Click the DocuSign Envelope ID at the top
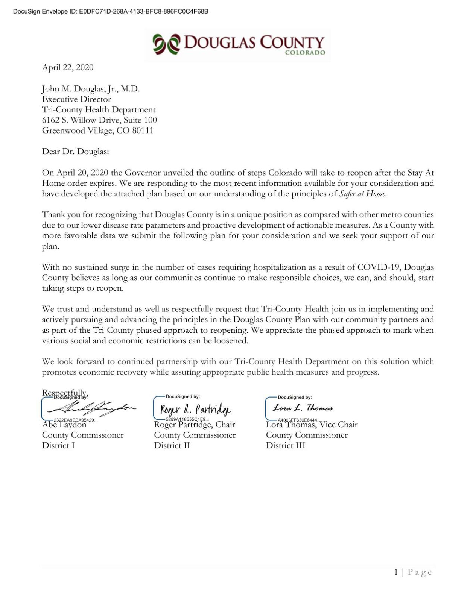111,11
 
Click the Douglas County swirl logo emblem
166,44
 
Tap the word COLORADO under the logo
305,53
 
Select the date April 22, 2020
68,67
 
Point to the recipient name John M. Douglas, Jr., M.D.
91,89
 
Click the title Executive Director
76,99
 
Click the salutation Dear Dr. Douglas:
75,152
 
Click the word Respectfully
64,392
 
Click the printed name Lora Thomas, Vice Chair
312,425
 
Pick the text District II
172,446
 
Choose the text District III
286,446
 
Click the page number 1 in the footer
396,572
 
